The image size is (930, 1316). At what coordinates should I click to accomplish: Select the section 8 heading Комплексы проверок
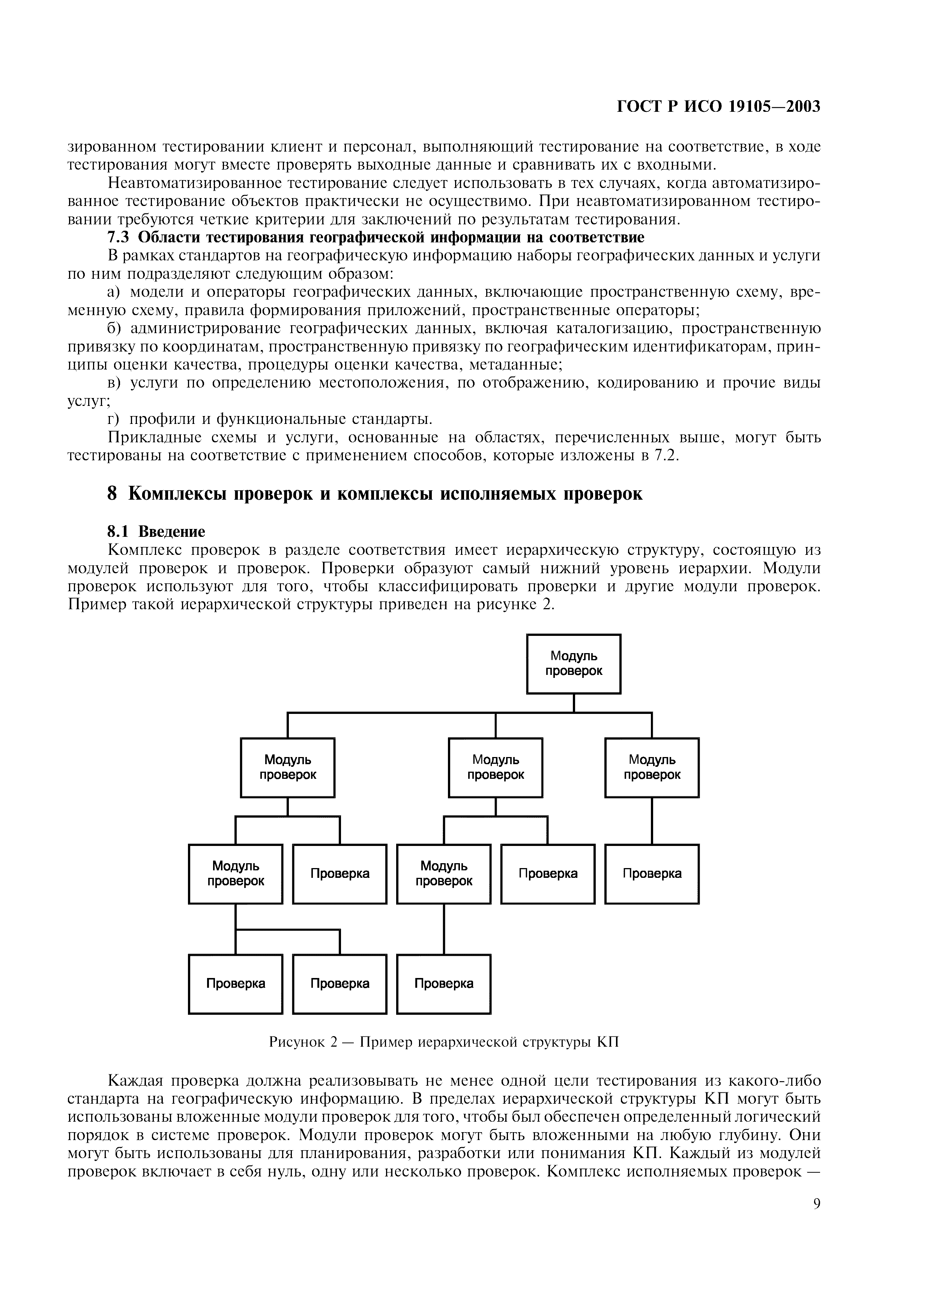click(375, 494)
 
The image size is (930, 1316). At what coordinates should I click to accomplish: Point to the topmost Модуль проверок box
click(574, 664)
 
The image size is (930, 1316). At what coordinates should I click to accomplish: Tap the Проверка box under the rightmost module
click(652, 873)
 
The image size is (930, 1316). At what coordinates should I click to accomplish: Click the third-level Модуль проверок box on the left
click(236, 873)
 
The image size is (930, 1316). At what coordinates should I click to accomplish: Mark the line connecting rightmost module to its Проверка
click(652, 821)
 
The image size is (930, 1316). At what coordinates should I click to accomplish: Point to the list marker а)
click(114, 292)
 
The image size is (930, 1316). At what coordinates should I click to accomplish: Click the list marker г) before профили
click(114, 419)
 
